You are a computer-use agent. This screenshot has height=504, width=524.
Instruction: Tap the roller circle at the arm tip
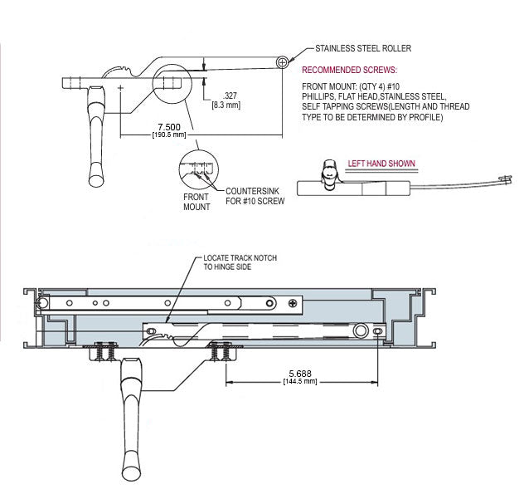pos(284,61)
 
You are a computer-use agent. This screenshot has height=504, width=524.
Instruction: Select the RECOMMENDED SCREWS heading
pos(349,70)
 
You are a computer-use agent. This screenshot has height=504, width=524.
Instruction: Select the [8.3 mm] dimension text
pos(226,105)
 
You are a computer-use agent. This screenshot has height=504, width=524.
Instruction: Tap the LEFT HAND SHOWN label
pos(381,164)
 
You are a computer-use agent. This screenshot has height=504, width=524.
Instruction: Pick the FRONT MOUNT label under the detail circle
pos(196,201)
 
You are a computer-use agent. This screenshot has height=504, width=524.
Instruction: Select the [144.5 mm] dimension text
pos(299,381)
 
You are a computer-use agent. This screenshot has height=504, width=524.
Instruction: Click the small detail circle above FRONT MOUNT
pos(199,170)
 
